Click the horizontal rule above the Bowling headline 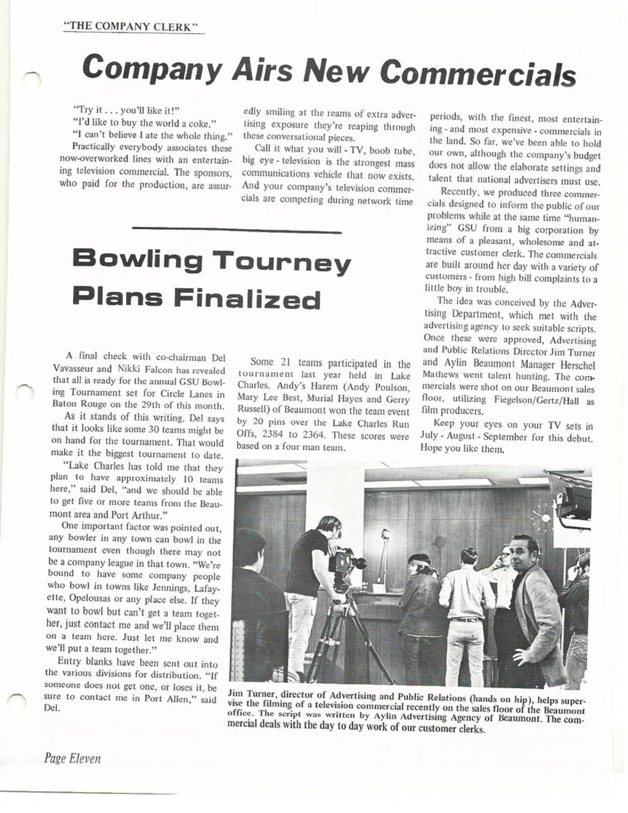coord(238,232)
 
